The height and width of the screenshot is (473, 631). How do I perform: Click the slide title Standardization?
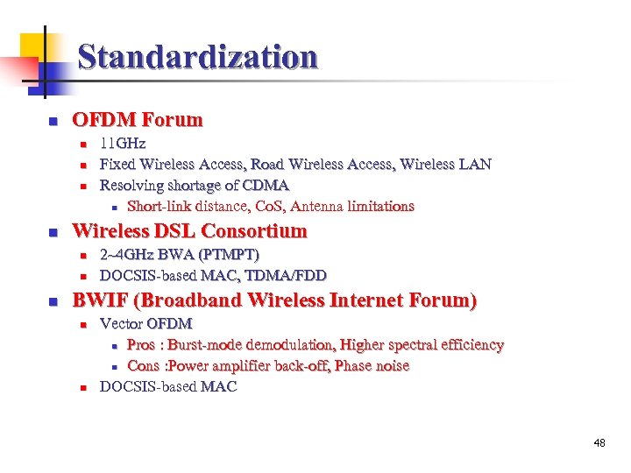tap(197, 58)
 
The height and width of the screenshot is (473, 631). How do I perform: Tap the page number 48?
tap(599, 443)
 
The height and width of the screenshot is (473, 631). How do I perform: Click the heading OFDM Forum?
tap(137, 120)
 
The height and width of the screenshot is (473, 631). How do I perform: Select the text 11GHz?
tap(123, 143)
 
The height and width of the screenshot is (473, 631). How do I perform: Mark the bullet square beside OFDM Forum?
tap(53, 121)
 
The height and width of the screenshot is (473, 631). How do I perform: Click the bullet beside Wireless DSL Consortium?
tap(53, 232)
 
